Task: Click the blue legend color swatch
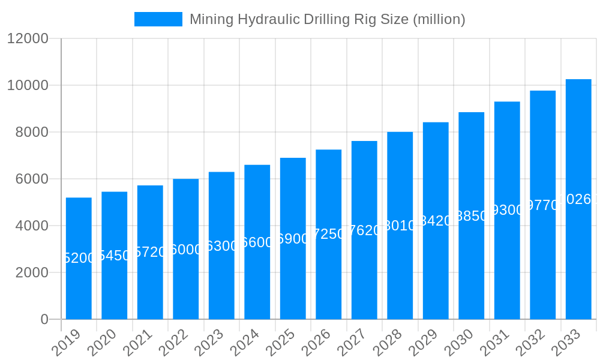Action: (x=158, y=19)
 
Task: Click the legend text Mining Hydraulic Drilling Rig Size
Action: (x=327, y=19)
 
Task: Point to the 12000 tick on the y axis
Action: (x=28, y=38)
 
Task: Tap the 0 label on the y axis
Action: (x=44, y=319)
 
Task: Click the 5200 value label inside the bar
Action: (x=79, y=258)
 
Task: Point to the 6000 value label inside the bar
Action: (x=186, y=250)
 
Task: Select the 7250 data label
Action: (x=329, y=234)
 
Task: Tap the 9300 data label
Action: (x=507, y=210)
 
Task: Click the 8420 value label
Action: (x=436, y=221)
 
